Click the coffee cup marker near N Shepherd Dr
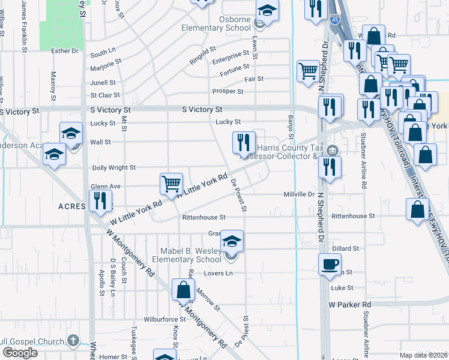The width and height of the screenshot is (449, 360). [330, 264]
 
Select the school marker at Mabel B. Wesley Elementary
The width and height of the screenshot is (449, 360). [232, 241]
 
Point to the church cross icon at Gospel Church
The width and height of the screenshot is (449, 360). [73, 341]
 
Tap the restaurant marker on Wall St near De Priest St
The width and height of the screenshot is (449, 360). [244, 143]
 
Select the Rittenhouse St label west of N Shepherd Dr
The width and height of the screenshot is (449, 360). [203, 217]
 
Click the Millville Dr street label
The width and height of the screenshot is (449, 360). [299, 194]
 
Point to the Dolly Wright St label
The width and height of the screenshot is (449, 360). [113, 168]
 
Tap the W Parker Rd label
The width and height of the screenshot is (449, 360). [350, 305]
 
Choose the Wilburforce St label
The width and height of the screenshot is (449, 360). [164, 319]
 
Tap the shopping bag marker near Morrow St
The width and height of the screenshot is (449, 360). [183, 290]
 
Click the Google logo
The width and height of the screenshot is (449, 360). [20, 353]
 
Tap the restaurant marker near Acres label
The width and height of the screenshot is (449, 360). [100, 200]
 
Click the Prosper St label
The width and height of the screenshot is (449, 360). [228, 92]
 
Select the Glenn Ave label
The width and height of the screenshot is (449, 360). [106, 187]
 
